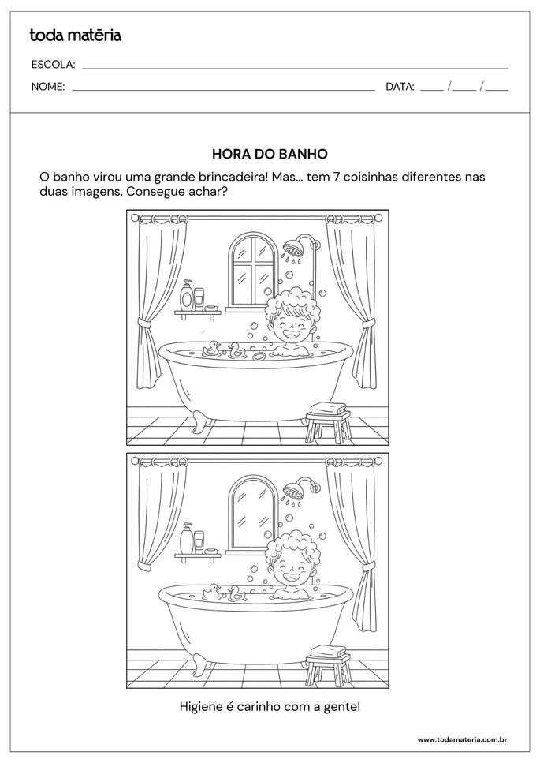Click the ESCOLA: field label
[x=53, y=65]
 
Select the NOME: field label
[x=48, y=87]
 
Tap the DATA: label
[x=400, y=87]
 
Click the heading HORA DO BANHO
[x=270, y=155]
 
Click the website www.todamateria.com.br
[x=461, y=739]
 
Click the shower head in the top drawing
[x=296, y=247]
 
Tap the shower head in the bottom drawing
[x=296, y=491]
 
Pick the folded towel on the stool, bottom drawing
[x=327, y=653]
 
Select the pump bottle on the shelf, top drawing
[x=187, y=296]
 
